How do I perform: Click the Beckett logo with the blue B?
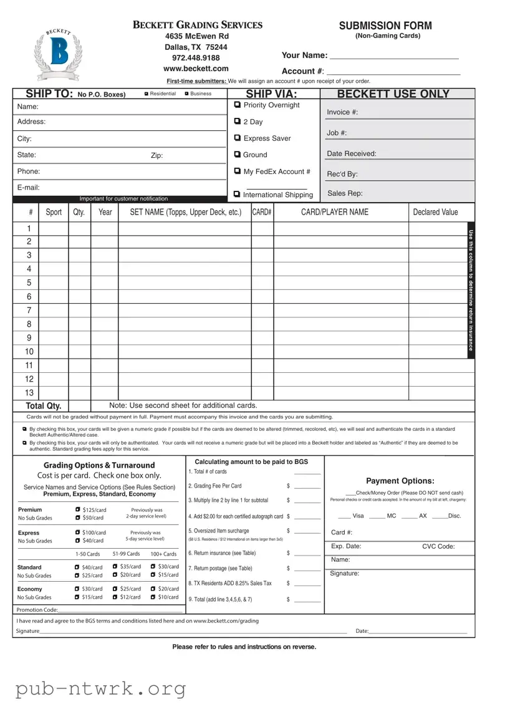(59, 55)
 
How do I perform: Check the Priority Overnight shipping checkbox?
(238, 105)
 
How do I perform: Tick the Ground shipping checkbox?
(238, 155)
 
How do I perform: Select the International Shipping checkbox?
(238, 195)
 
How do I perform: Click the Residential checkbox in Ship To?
(146, 94)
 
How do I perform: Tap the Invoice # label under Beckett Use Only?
(342, 112)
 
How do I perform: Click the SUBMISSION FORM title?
(385, 26)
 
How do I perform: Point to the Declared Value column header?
(435, 212)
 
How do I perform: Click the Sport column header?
(54, 212)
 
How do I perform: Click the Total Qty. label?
(43, 406)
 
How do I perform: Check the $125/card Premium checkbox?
(77, 509)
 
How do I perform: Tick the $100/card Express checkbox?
(77, 533)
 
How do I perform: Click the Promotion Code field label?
(37, 609)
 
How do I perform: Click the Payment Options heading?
(400, 481)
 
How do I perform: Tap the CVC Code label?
(438, 546)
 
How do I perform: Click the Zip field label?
(156, 155)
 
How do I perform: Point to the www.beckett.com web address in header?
(196, 69)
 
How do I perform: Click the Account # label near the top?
(302, 72)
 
